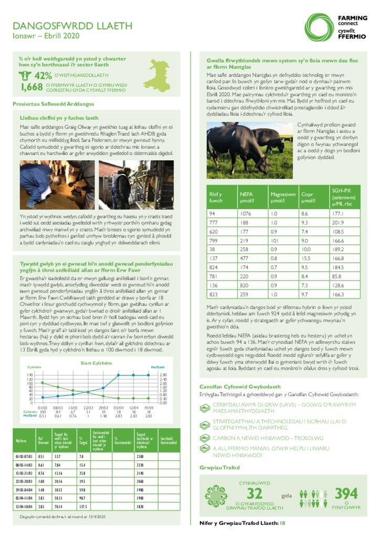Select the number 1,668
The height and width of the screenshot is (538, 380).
coord(31,87)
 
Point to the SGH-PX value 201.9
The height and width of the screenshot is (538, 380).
coord(337,223)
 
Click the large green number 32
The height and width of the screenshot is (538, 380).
coord(255,493)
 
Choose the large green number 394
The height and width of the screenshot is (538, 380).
coord(346,493)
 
